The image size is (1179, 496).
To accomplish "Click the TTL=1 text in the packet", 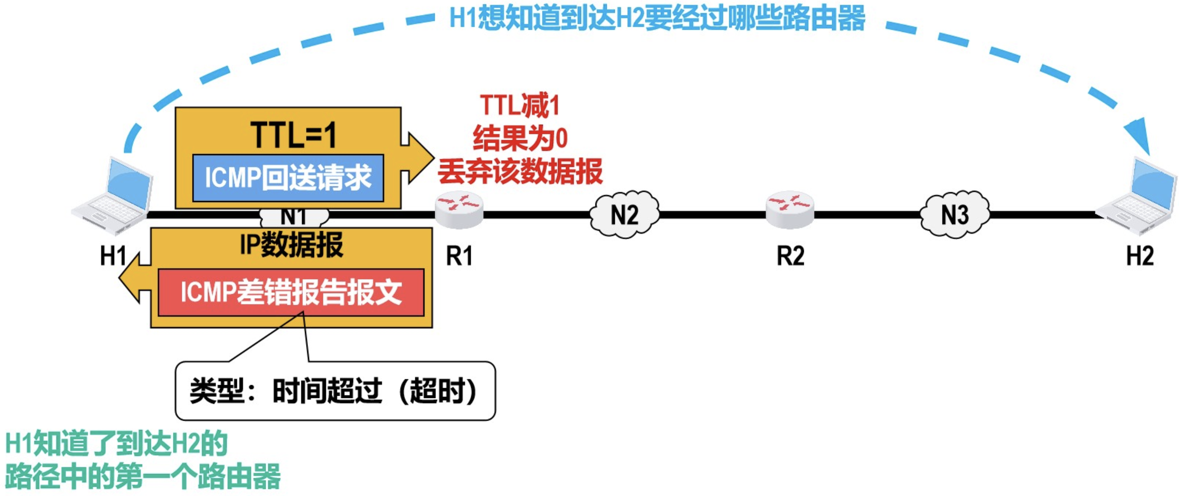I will pyautogui.click(x=293, y=135).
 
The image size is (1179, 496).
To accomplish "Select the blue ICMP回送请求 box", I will pyautogui.click(x=288, y=178).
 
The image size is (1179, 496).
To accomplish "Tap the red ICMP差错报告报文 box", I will pyautogui.click(x=291, y=292).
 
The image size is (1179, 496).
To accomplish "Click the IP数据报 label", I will pyautogui.click(x=291, y=245).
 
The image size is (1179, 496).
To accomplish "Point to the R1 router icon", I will pyautogui.click(x=459, y=210).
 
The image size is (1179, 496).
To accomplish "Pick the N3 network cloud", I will pyautogui.click(x=955, y=214).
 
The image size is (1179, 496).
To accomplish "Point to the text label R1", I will pyautogui.click(x=459, y=256).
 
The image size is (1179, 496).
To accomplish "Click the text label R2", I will pyautogui.click(x=790, y=256).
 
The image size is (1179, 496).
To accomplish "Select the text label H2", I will pyautogui.click(x=1140, y=256).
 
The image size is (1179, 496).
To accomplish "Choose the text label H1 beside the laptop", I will pyautogui.click(x=113, y=256).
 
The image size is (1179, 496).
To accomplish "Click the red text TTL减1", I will pyautogui.click(x=520, y=106).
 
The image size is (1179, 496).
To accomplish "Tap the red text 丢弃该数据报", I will pyautogui.click(x=520, y=172).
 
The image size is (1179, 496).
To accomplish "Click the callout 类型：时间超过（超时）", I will pyautogui.click(x=335, y=391).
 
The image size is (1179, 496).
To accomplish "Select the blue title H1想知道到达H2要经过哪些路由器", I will pyautogui.click(x=657, y=18).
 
